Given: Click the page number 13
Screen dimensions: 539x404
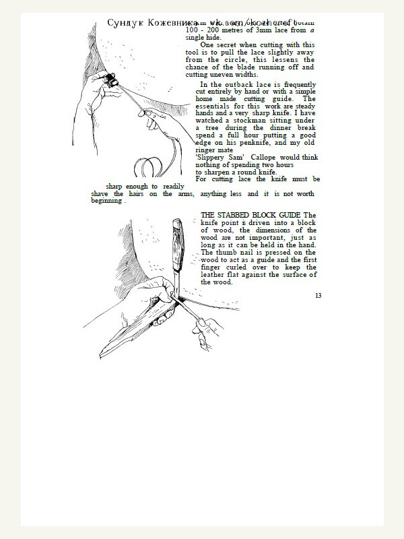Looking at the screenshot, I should [318, 295].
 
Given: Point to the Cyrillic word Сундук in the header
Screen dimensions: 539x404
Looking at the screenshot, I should [122, 23].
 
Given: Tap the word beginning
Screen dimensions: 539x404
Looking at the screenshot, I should [106, 201].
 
